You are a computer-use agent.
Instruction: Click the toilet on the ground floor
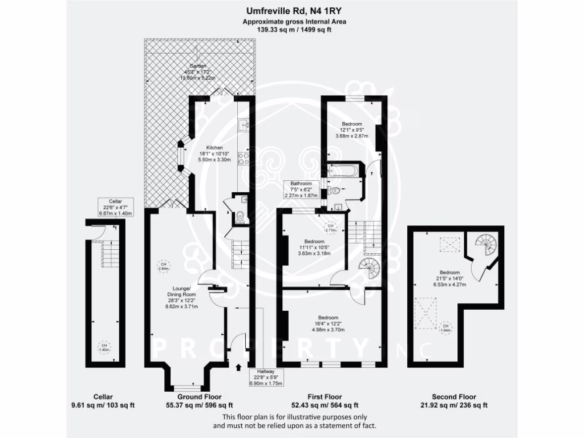point(241,217)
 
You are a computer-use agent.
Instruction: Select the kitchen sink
point(244,123)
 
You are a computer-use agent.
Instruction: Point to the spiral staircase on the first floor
point(368,268)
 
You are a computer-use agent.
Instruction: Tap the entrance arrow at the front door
point(238,366)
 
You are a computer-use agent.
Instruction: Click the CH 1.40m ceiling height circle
point(104,347)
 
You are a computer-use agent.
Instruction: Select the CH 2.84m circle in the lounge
point(164,266)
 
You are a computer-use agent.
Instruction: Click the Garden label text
point(197,67)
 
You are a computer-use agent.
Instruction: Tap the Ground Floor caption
point(200,396)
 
